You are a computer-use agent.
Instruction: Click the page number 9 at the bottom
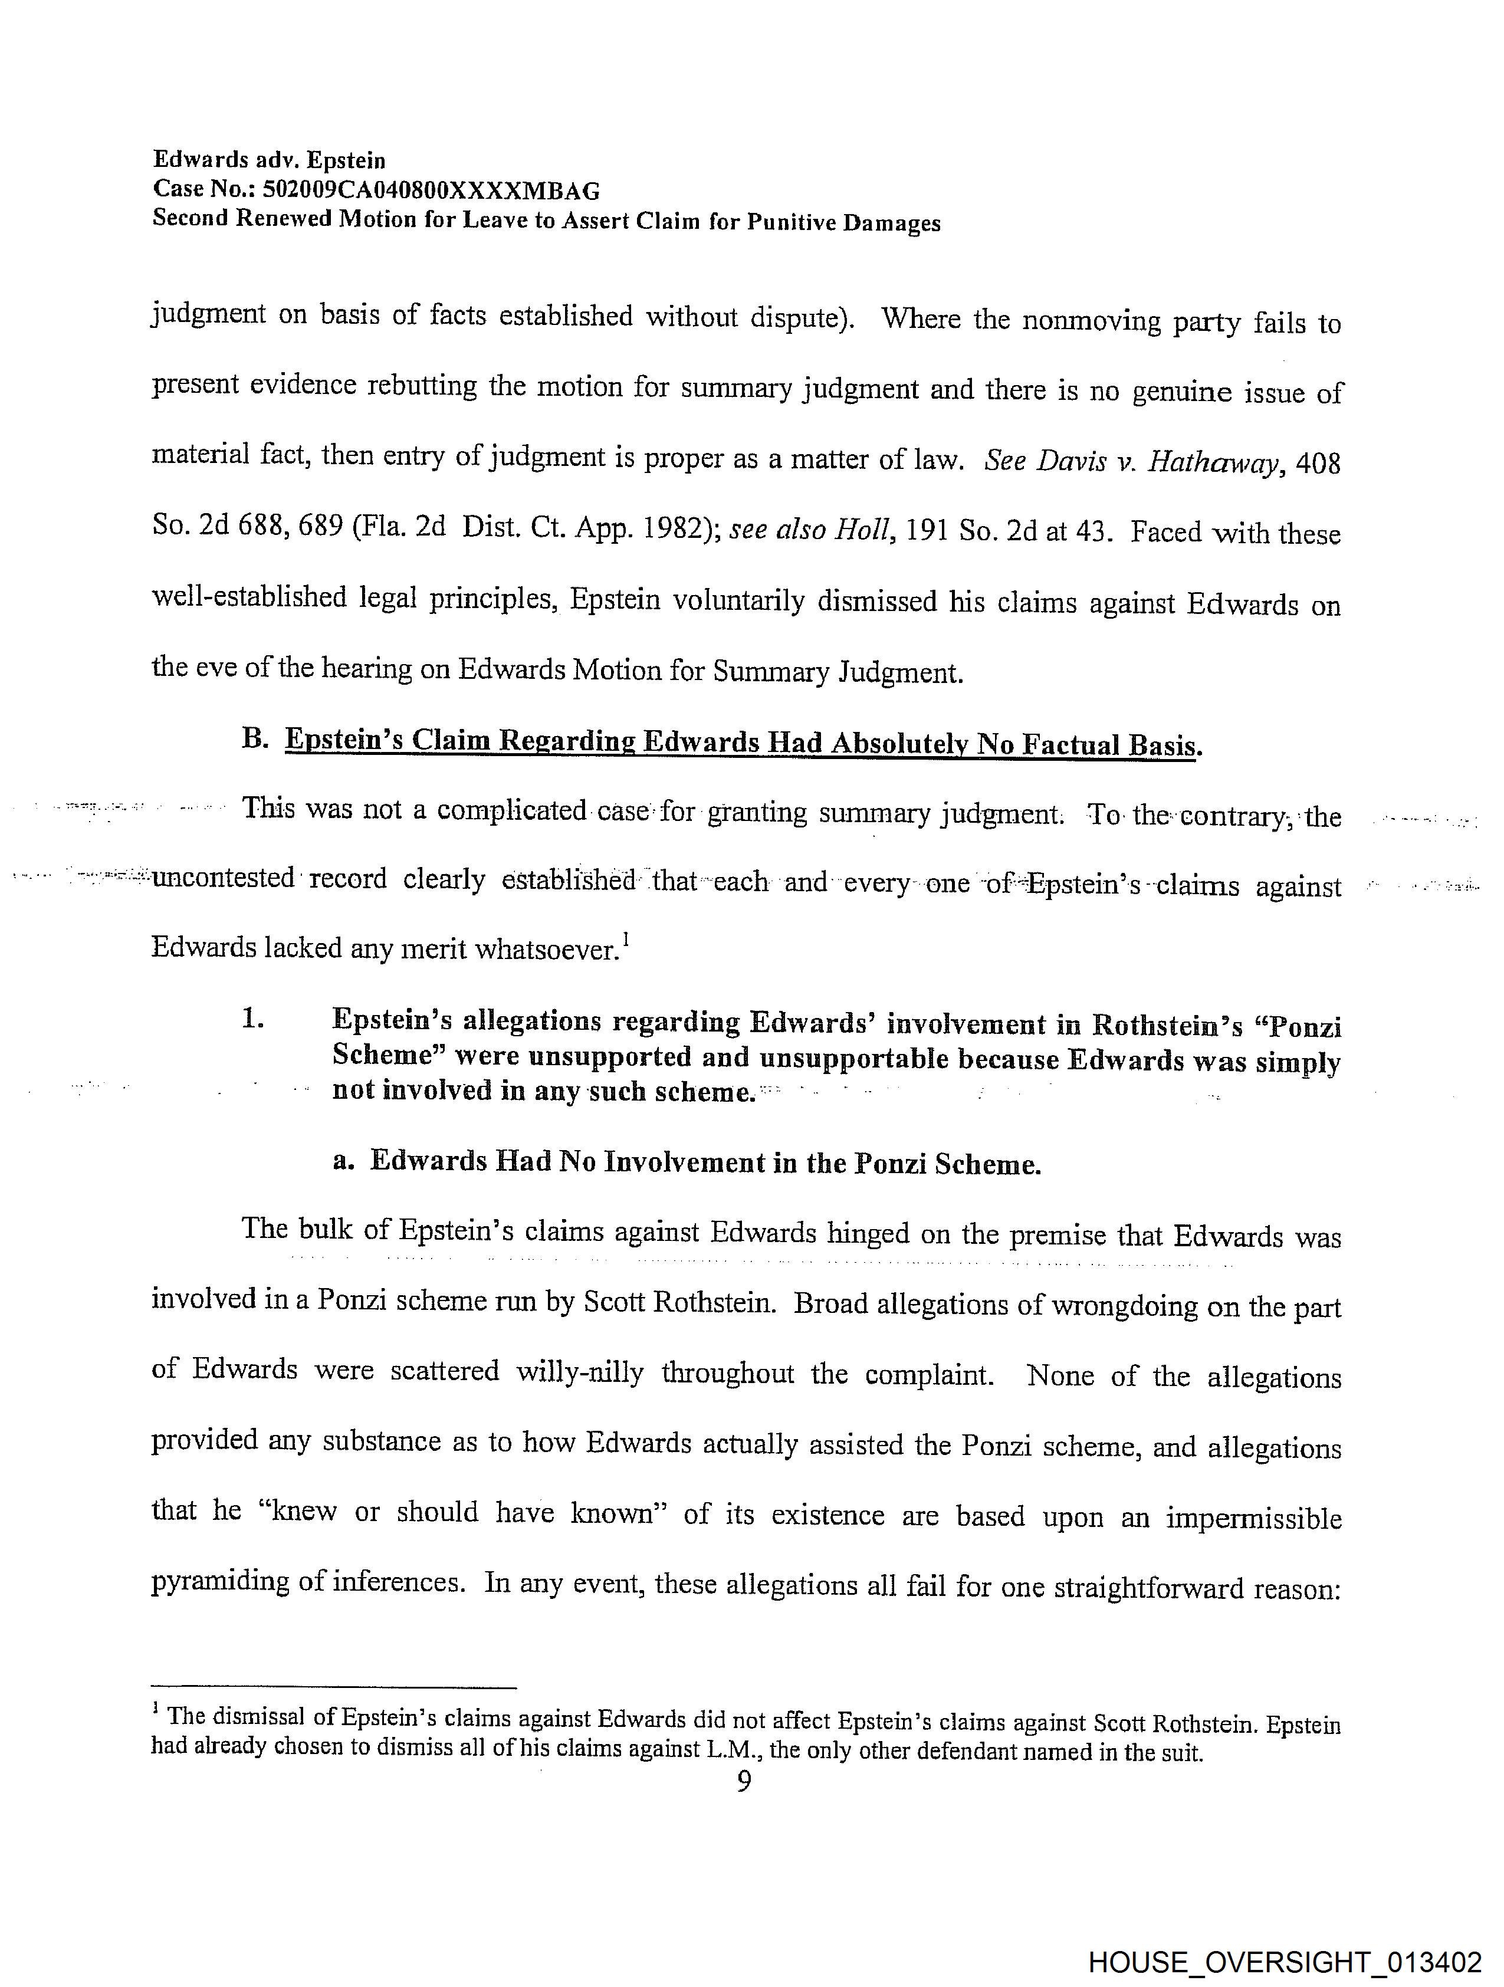[x=743, y=1781]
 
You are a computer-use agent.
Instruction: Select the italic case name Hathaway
[x=1212, y=462]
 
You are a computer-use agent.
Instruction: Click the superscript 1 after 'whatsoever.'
[x=625, y=941]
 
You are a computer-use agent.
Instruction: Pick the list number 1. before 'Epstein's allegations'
[x=252, y=1020]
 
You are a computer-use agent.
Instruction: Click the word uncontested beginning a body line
[x=223, y=878]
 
